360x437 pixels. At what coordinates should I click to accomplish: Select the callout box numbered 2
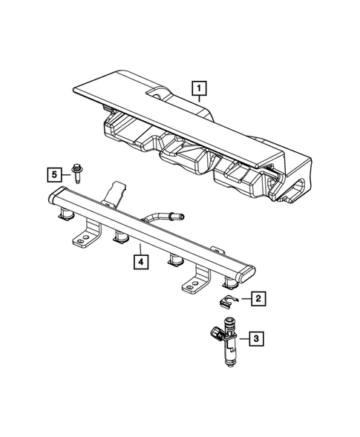point(258,299)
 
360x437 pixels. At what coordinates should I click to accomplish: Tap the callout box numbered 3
point(255,340)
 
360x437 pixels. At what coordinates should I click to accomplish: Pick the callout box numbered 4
point(138,260)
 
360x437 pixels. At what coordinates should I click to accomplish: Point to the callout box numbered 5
point(54,175)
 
